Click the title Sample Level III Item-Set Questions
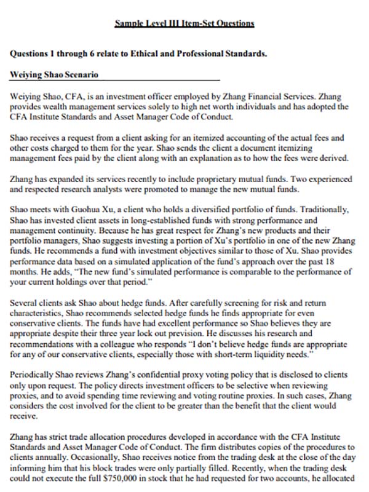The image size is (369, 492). tap(184, 23)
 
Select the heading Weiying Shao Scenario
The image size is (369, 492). tap(55, 75)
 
